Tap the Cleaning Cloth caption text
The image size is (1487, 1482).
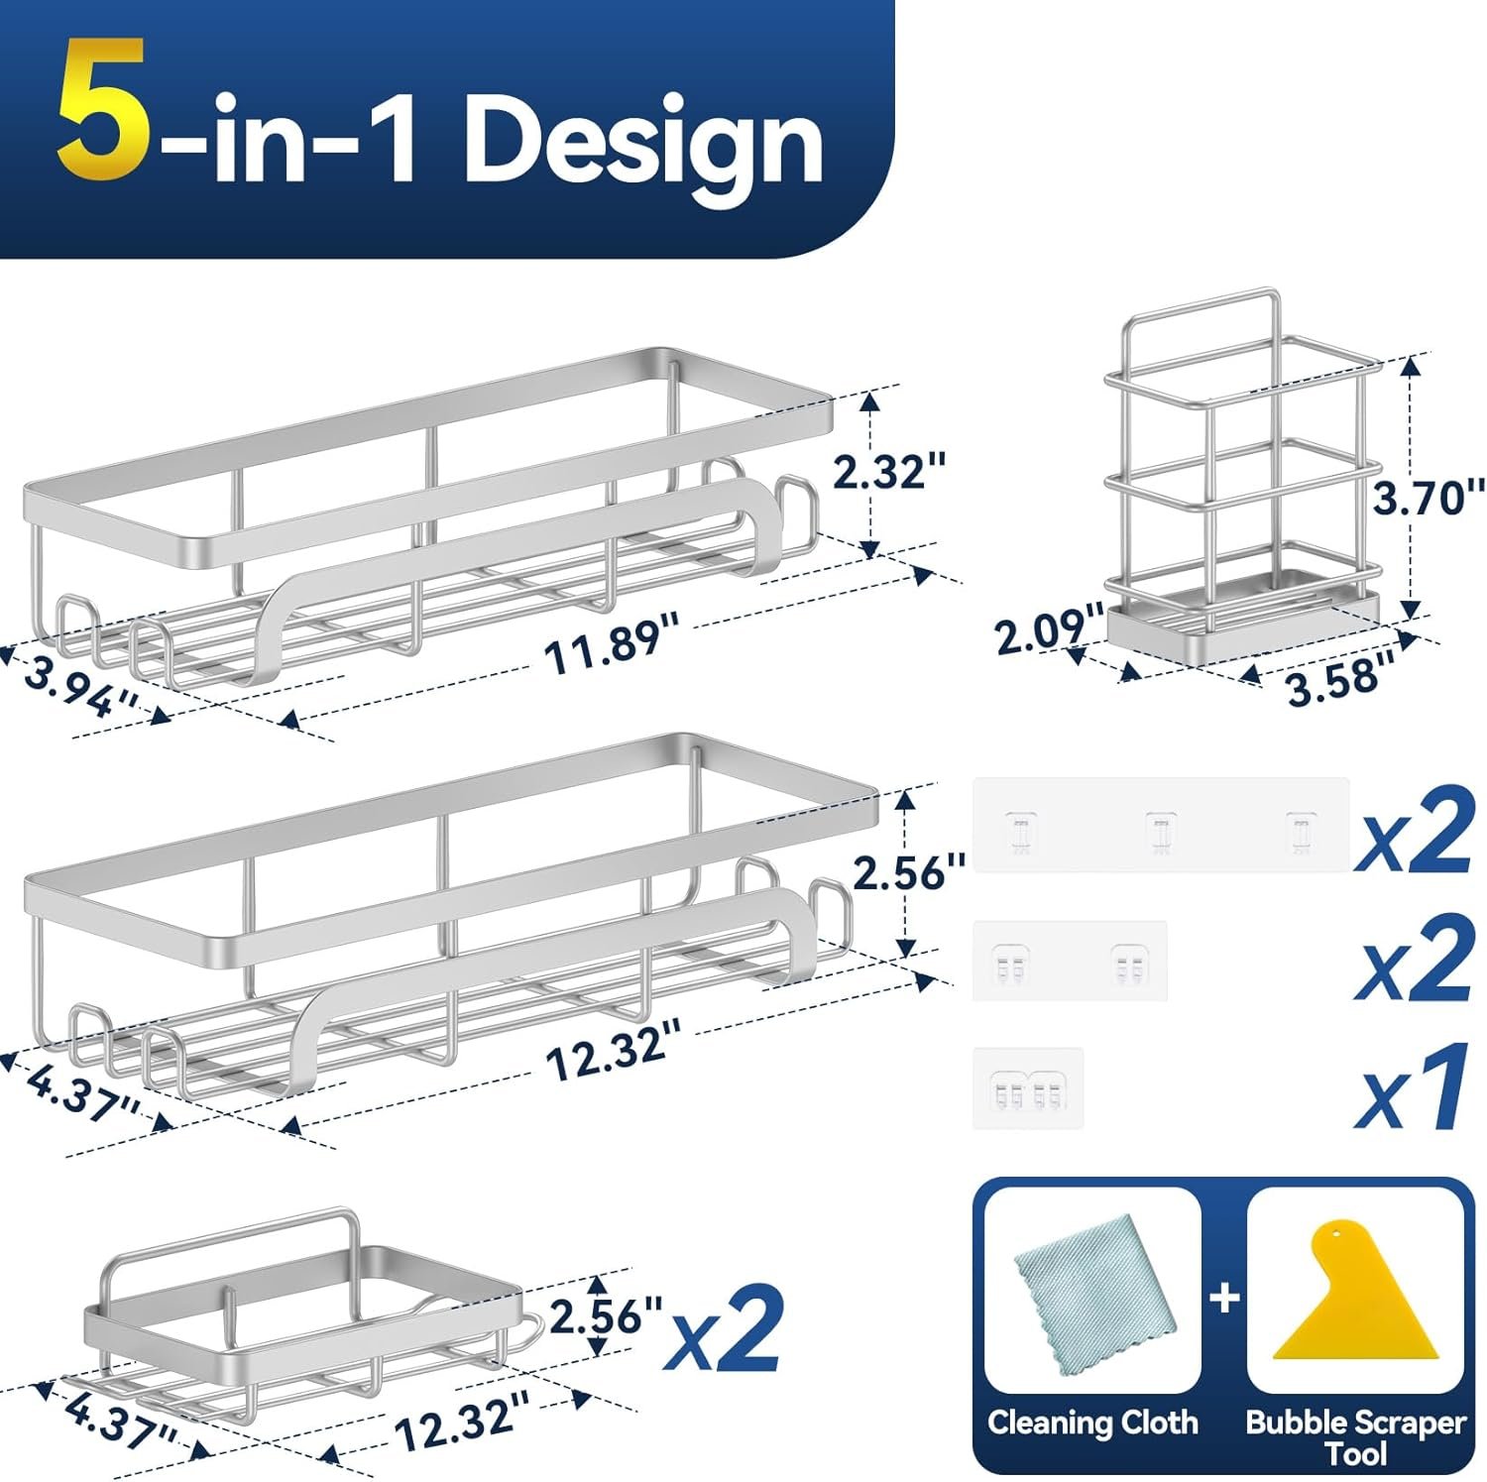1092,1423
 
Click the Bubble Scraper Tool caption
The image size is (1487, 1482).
1355,1436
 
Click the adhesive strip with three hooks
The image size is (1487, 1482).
1161,825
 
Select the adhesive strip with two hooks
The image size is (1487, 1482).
1070,961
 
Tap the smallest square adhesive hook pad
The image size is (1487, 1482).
1028,1087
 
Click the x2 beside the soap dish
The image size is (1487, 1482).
724,1328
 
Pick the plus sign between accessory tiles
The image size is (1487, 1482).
1225,1297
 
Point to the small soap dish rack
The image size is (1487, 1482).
307,1310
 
